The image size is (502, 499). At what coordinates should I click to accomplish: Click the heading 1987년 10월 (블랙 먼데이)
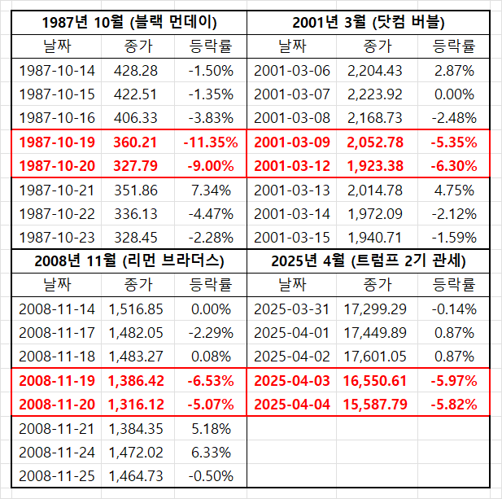129,23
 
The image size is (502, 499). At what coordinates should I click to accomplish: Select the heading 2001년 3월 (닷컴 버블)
369,23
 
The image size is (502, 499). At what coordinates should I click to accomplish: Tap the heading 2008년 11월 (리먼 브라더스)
129,261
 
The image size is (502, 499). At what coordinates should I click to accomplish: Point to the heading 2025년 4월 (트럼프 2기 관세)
369,261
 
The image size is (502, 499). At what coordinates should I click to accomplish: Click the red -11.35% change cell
211,142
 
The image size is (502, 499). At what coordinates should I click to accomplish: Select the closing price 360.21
135,142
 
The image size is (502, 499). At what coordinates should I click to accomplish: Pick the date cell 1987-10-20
57,166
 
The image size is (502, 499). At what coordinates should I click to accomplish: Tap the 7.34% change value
211,190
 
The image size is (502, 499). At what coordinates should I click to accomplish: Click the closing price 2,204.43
374,71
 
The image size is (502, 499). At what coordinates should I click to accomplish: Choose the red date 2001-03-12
292,166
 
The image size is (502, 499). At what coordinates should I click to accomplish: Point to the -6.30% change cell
454,166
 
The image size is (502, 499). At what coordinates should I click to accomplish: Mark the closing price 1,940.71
374,238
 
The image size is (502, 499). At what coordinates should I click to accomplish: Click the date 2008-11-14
57,309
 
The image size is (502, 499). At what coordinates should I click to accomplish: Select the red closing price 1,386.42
136,381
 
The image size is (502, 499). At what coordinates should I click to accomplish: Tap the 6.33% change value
211,453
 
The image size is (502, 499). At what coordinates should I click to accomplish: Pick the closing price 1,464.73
136,476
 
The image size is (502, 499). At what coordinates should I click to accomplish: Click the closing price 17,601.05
375,357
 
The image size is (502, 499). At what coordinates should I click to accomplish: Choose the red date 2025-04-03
292,381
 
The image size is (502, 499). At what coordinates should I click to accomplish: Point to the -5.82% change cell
454,405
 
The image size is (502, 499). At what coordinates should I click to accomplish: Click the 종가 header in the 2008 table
138,285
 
